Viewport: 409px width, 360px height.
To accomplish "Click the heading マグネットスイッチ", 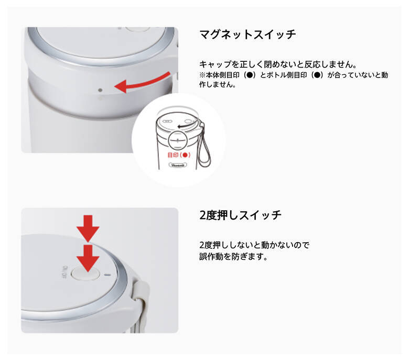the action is point(247,35).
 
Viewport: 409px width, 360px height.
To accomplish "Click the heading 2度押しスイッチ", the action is point(240,215).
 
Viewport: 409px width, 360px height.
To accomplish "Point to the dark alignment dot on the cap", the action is point(100,90).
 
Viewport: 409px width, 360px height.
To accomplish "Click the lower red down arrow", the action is point(88,258).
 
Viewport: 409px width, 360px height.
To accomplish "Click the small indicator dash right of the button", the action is point(107,275).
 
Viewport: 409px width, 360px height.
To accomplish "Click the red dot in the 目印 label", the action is point(185,155).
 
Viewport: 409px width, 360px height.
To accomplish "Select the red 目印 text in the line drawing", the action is point(179,155).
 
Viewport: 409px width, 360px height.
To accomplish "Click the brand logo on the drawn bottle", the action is point(178,165).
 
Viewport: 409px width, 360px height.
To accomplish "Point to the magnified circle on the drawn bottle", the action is point(178,141).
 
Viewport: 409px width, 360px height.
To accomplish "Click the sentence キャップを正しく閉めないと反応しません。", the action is point(278,64).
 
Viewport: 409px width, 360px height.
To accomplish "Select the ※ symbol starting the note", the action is point(202,75).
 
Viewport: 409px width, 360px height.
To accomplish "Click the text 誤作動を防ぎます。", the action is point(234,257).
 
